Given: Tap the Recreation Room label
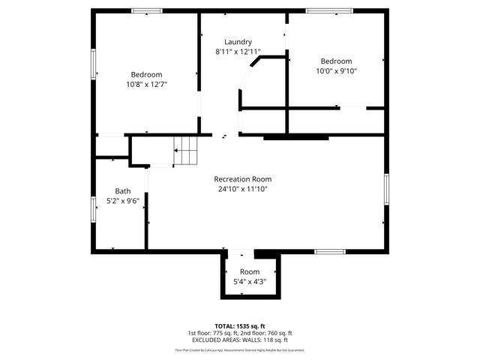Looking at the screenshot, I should (x=242, y=179).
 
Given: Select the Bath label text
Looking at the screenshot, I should (x=122, y=191).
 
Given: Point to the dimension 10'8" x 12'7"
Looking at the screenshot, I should (x=146, y=85).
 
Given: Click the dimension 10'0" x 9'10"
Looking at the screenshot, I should (x=336, y=71).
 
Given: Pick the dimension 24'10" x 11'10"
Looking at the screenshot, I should (x=242, y=189).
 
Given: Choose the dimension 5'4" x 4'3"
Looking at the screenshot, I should (x=250, y=282).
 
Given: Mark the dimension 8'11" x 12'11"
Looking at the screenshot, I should (x=238, y=52).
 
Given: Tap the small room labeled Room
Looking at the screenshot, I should (x=250, y=271).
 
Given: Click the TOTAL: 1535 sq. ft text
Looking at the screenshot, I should (x=240, y=326).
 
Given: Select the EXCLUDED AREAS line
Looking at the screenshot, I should (x=240, y=340).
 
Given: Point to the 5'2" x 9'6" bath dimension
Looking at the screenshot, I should (x=122, y=201).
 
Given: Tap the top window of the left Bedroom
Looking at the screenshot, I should (x=147, y=10).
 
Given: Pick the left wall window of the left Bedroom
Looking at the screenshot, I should (x=94, y=64).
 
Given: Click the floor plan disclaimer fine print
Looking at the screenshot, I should (x=240, y=349).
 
